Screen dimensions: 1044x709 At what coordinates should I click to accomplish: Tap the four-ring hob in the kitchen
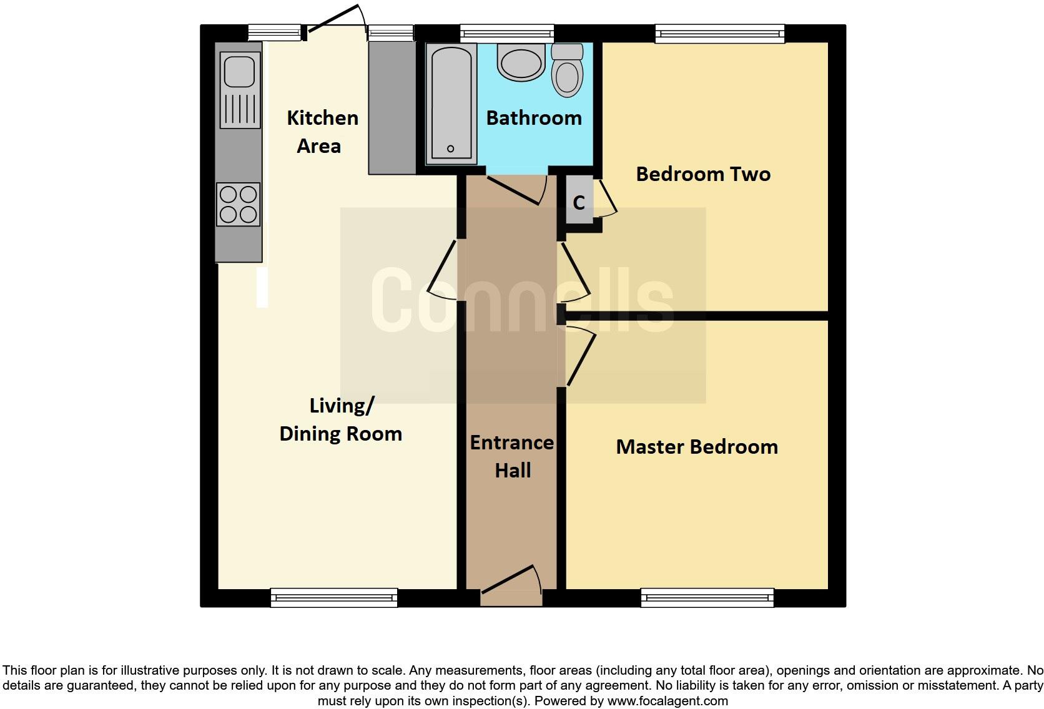pyautogui.click(x=238, y=205)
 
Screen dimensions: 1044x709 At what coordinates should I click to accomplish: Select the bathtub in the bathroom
pyautogui.click(x=451, y=104)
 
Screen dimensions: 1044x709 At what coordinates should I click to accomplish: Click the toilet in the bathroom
pyautogui.click(x=567, y=70)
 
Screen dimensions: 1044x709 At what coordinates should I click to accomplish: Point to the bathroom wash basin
pyautogui.click(x=521, y=62)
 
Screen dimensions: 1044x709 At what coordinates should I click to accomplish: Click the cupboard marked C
pyautogui.click(x=579, y=202)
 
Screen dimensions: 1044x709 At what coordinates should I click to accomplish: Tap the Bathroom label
pyautogui.click(x=534, y=118)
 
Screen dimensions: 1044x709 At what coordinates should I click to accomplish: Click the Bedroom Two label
pyautogui.click(x=703, y=174)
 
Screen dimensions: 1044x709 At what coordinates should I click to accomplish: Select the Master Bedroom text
pyautogui.click(x=697, y=447)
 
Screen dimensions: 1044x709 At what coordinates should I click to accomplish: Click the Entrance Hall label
pyautogui.click(x=512, y=456)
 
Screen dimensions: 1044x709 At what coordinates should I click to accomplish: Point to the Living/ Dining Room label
pyautogui.click(x=341, y=419)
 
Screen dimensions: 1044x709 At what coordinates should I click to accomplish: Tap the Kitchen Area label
pyautogui.click(x=323, y=132)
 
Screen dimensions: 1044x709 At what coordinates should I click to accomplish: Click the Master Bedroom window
pyautogui.click(x=707, y=598)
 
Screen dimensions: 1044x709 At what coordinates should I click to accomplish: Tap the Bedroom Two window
pyautogui.click(x=720, y=34)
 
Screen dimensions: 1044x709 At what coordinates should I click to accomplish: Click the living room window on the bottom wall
pyautogui.click(x=334, y=598)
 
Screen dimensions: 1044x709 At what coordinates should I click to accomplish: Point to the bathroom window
pyautogui.click(x=507, y=34)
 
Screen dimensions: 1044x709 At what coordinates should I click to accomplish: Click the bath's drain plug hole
pyautogui.click(x=450, y=149)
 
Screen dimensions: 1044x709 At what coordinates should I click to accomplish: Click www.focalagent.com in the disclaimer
pyautogui.click(x=667, y=701)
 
